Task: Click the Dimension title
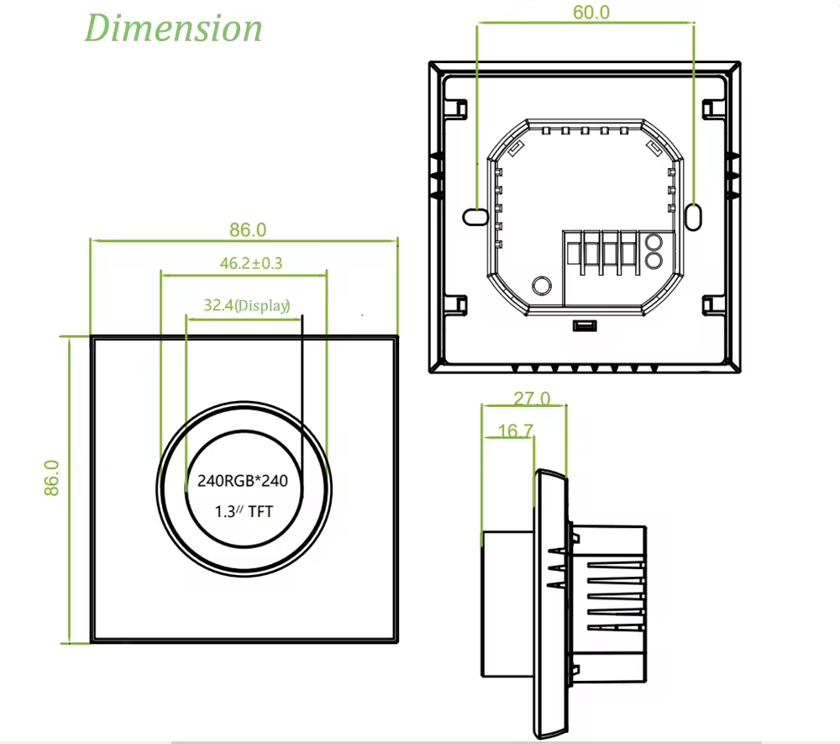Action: (174, 28)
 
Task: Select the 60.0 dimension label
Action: (591, 12)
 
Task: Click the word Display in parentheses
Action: (262, 306)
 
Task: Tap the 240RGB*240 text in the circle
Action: (243, 482)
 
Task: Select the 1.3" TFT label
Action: (244, 511)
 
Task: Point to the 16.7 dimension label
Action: (515, 431)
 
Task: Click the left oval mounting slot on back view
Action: (475, 216)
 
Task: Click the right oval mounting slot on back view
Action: (694, 216)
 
